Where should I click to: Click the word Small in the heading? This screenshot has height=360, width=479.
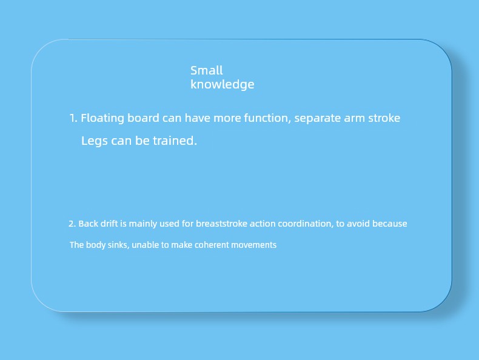click(x=207, y=70)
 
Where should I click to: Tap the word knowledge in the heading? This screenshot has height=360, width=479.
click(x=222, y=85)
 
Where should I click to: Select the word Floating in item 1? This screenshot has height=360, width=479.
click(x=102, y=118)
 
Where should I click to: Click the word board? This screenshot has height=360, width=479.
click(x=143, y=118)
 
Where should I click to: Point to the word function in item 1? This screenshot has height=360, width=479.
click(x=267, y=118)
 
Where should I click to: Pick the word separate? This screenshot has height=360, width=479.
click(x=317, y=119)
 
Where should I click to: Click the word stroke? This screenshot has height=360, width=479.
click(x=384, y=118)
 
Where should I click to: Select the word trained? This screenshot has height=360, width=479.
click(x=175, y=141)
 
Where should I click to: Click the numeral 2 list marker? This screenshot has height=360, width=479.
click(x=72, y=224)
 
